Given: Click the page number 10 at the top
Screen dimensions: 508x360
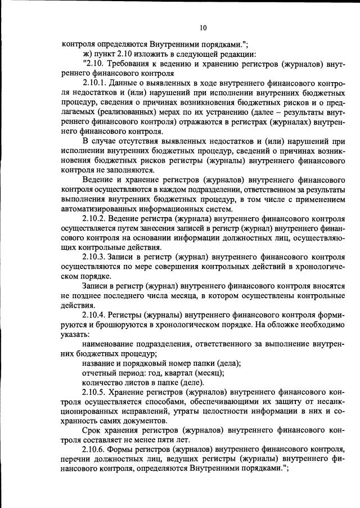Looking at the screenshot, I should (x=203, y=28).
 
